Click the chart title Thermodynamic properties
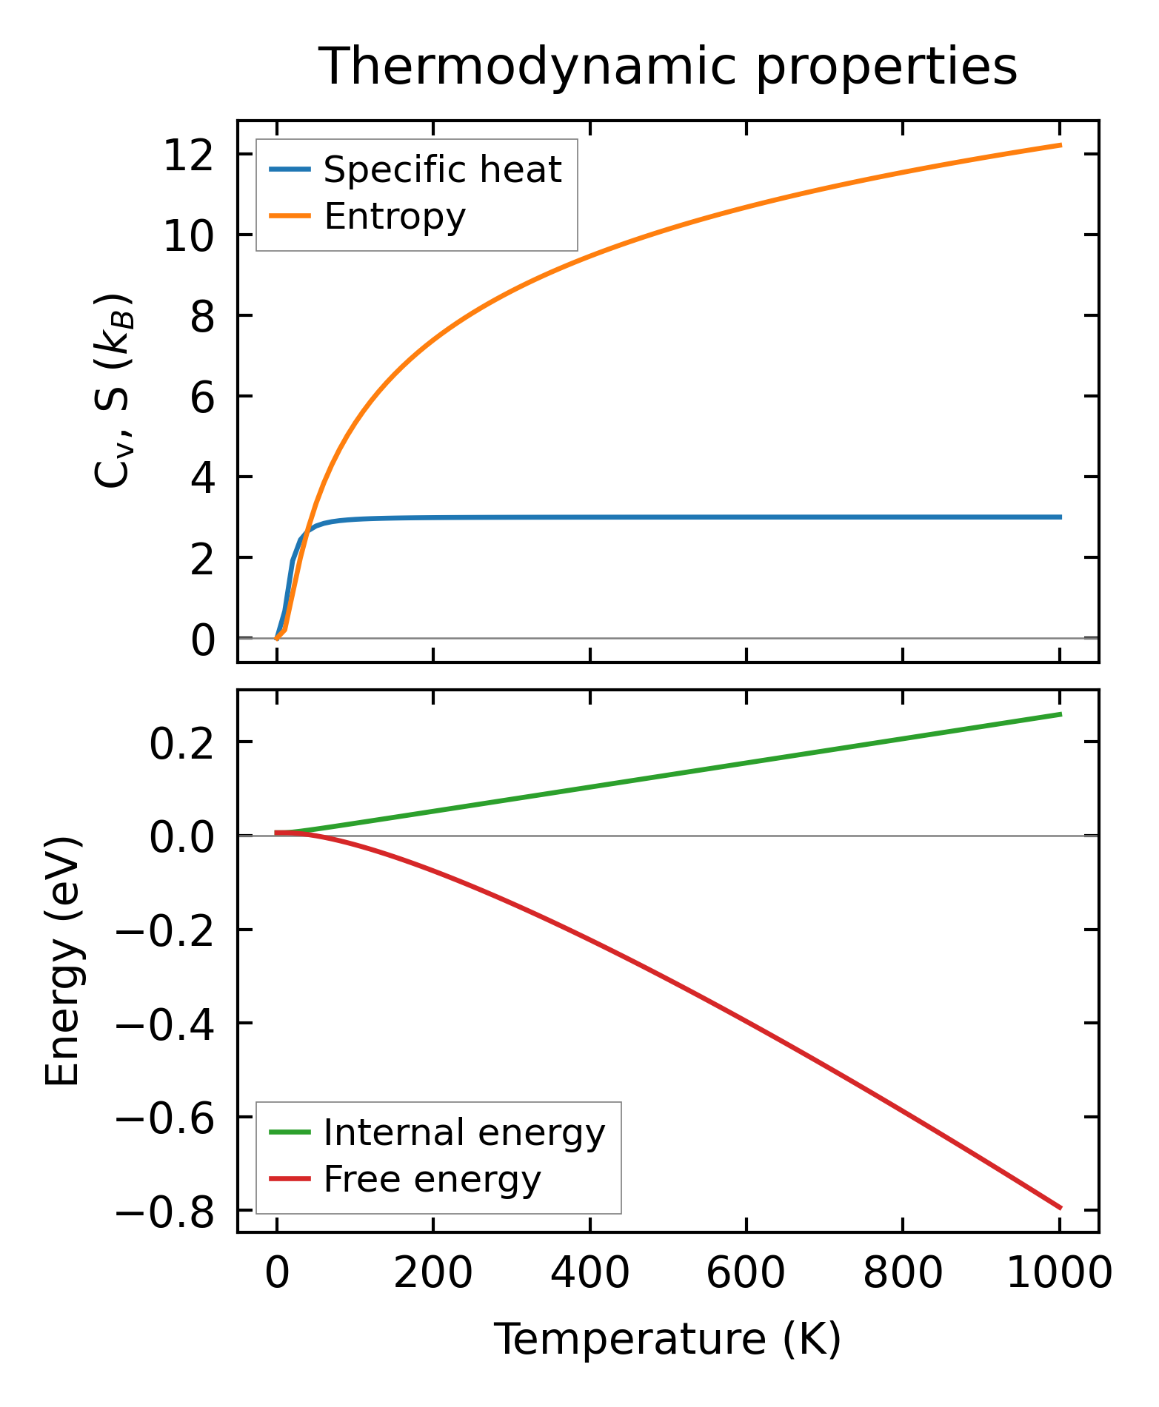667,67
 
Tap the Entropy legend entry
395,216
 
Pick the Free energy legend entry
432,1179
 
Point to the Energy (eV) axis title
62,961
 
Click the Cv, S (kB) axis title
113,391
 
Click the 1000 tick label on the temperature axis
1060,1274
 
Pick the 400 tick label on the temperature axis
589,1274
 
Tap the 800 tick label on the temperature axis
903,1274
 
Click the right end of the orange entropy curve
1061,145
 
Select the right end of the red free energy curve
1061,1208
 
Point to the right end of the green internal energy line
1061,714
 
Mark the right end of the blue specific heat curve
1061,517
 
